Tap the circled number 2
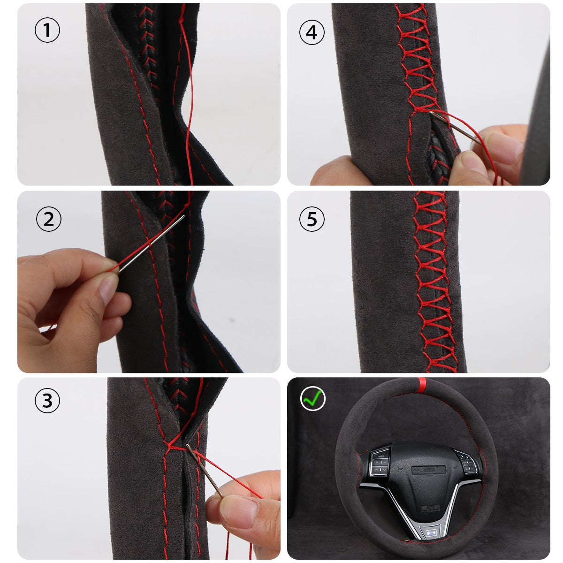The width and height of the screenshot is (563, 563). point(49,219)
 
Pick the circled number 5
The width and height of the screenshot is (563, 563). point(312,219)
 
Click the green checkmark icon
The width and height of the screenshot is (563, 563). point(313,398)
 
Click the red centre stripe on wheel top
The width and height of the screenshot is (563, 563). point(422,386)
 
